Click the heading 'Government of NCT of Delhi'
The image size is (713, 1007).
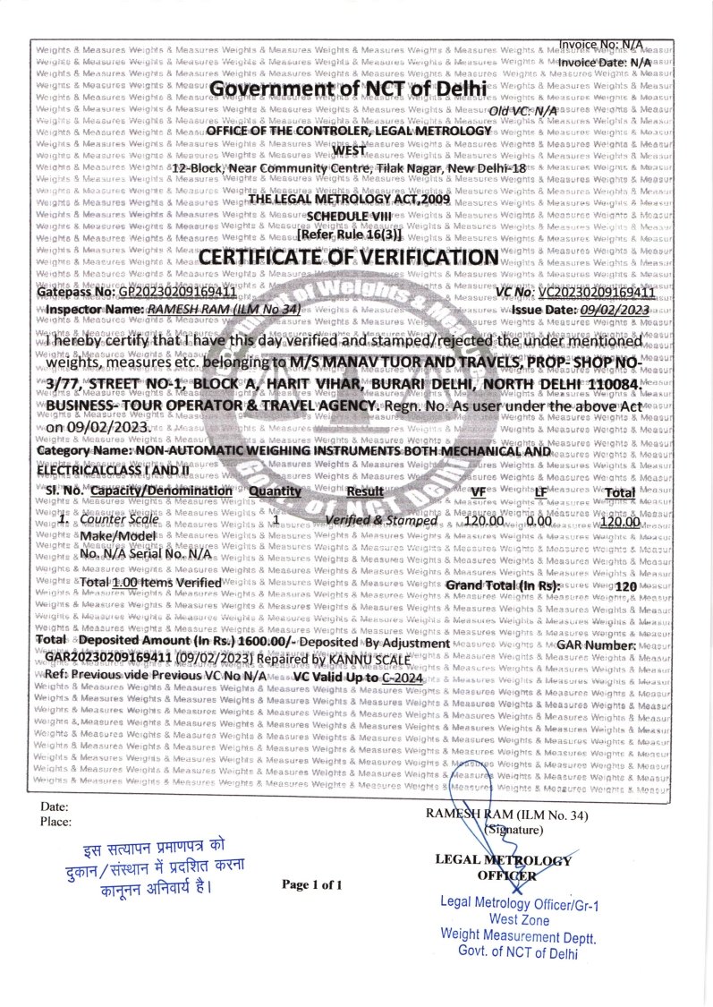click(349, 89)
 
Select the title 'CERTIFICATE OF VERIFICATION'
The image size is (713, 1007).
click(349, 258)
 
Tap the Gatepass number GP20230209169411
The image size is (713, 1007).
click(177, 292)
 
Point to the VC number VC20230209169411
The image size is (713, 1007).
click(597, 292)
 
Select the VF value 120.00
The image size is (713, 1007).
click(484, 520)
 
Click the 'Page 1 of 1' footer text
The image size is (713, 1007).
click(312, 884)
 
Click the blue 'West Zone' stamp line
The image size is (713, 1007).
click(519, 918)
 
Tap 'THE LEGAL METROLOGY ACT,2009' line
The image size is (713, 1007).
click(348, 201)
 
